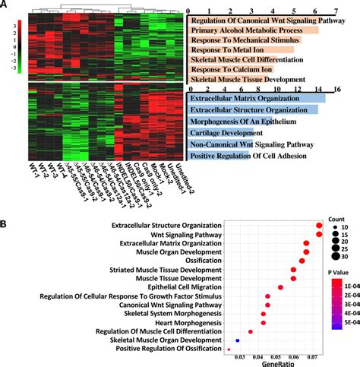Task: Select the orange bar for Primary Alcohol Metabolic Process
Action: [x=242, y=30]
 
